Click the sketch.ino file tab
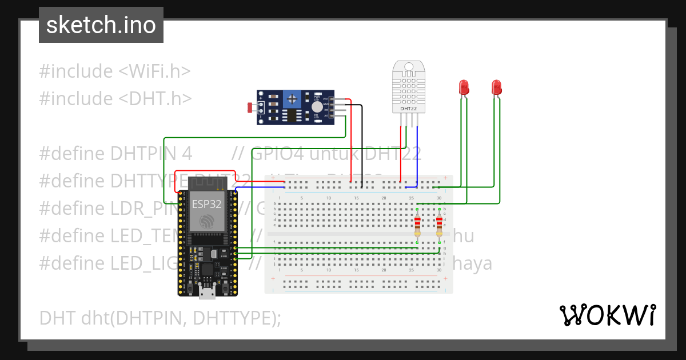101,25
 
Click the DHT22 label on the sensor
408,109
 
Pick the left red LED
464,87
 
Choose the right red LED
496,87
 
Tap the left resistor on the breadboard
417,226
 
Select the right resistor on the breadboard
439,226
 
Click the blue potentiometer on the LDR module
293,99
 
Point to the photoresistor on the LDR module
249,107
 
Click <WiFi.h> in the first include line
154,71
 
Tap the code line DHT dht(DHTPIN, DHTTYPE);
160,318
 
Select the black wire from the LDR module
362,143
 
